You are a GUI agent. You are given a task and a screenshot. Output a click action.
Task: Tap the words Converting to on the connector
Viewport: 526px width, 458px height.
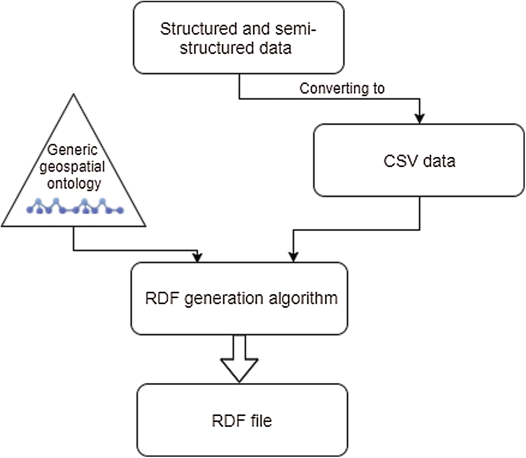[x=342, y=88]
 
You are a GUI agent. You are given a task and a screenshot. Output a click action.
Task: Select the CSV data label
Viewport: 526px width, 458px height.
[x=419, y=161]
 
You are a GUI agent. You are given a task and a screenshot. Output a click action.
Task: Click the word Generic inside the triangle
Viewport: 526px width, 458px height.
[x=73, y=150]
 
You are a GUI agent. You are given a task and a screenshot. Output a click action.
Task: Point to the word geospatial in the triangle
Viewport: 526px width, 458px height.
[x=72, y=167]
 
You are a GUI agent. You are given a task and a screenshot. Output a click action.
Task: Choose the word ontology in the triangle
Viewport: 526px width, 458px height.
[x=74, y=184]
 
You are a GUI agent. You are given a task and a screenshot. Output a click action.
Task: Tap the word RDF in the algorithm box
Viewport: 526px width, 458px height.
[x=162, y=299]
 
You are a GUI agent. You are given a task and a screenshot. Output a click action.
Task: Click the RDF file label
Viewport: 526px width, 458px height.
[x=242, y=421]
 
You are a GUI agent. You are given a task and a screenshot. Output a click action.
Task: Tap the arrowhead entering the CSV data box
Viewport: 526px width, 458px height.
[x=420, y=118]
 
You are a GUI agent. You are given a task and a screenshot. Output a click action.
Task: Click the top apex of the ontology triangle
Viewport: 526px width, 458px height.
[x=74, y=96]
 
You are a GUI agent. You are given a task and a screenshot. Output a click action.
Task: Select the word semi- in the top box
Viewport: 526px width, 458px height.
[x=295, y=29]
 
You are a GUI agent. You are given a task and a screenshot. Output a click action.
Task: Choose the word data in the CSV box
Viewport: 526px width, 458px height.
[x=439, y=161]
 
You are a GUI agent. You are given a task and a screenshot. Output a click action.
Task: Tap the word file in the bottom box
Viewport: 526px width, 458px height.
[x=261, y=421]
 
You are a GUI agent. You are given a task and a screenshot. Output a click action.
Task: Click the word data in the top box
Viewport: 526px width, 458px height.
[x=275, y=48]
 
